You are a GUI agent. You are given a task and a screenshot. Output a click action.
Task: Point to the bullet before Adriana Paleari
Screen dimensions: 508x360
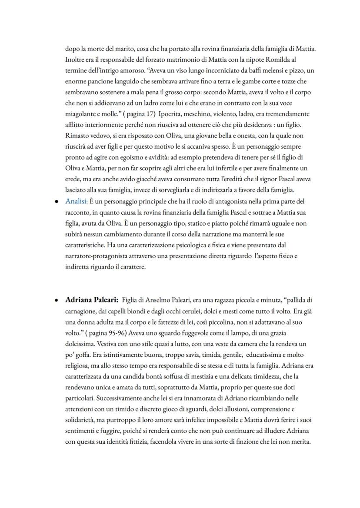click(57, 300)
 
